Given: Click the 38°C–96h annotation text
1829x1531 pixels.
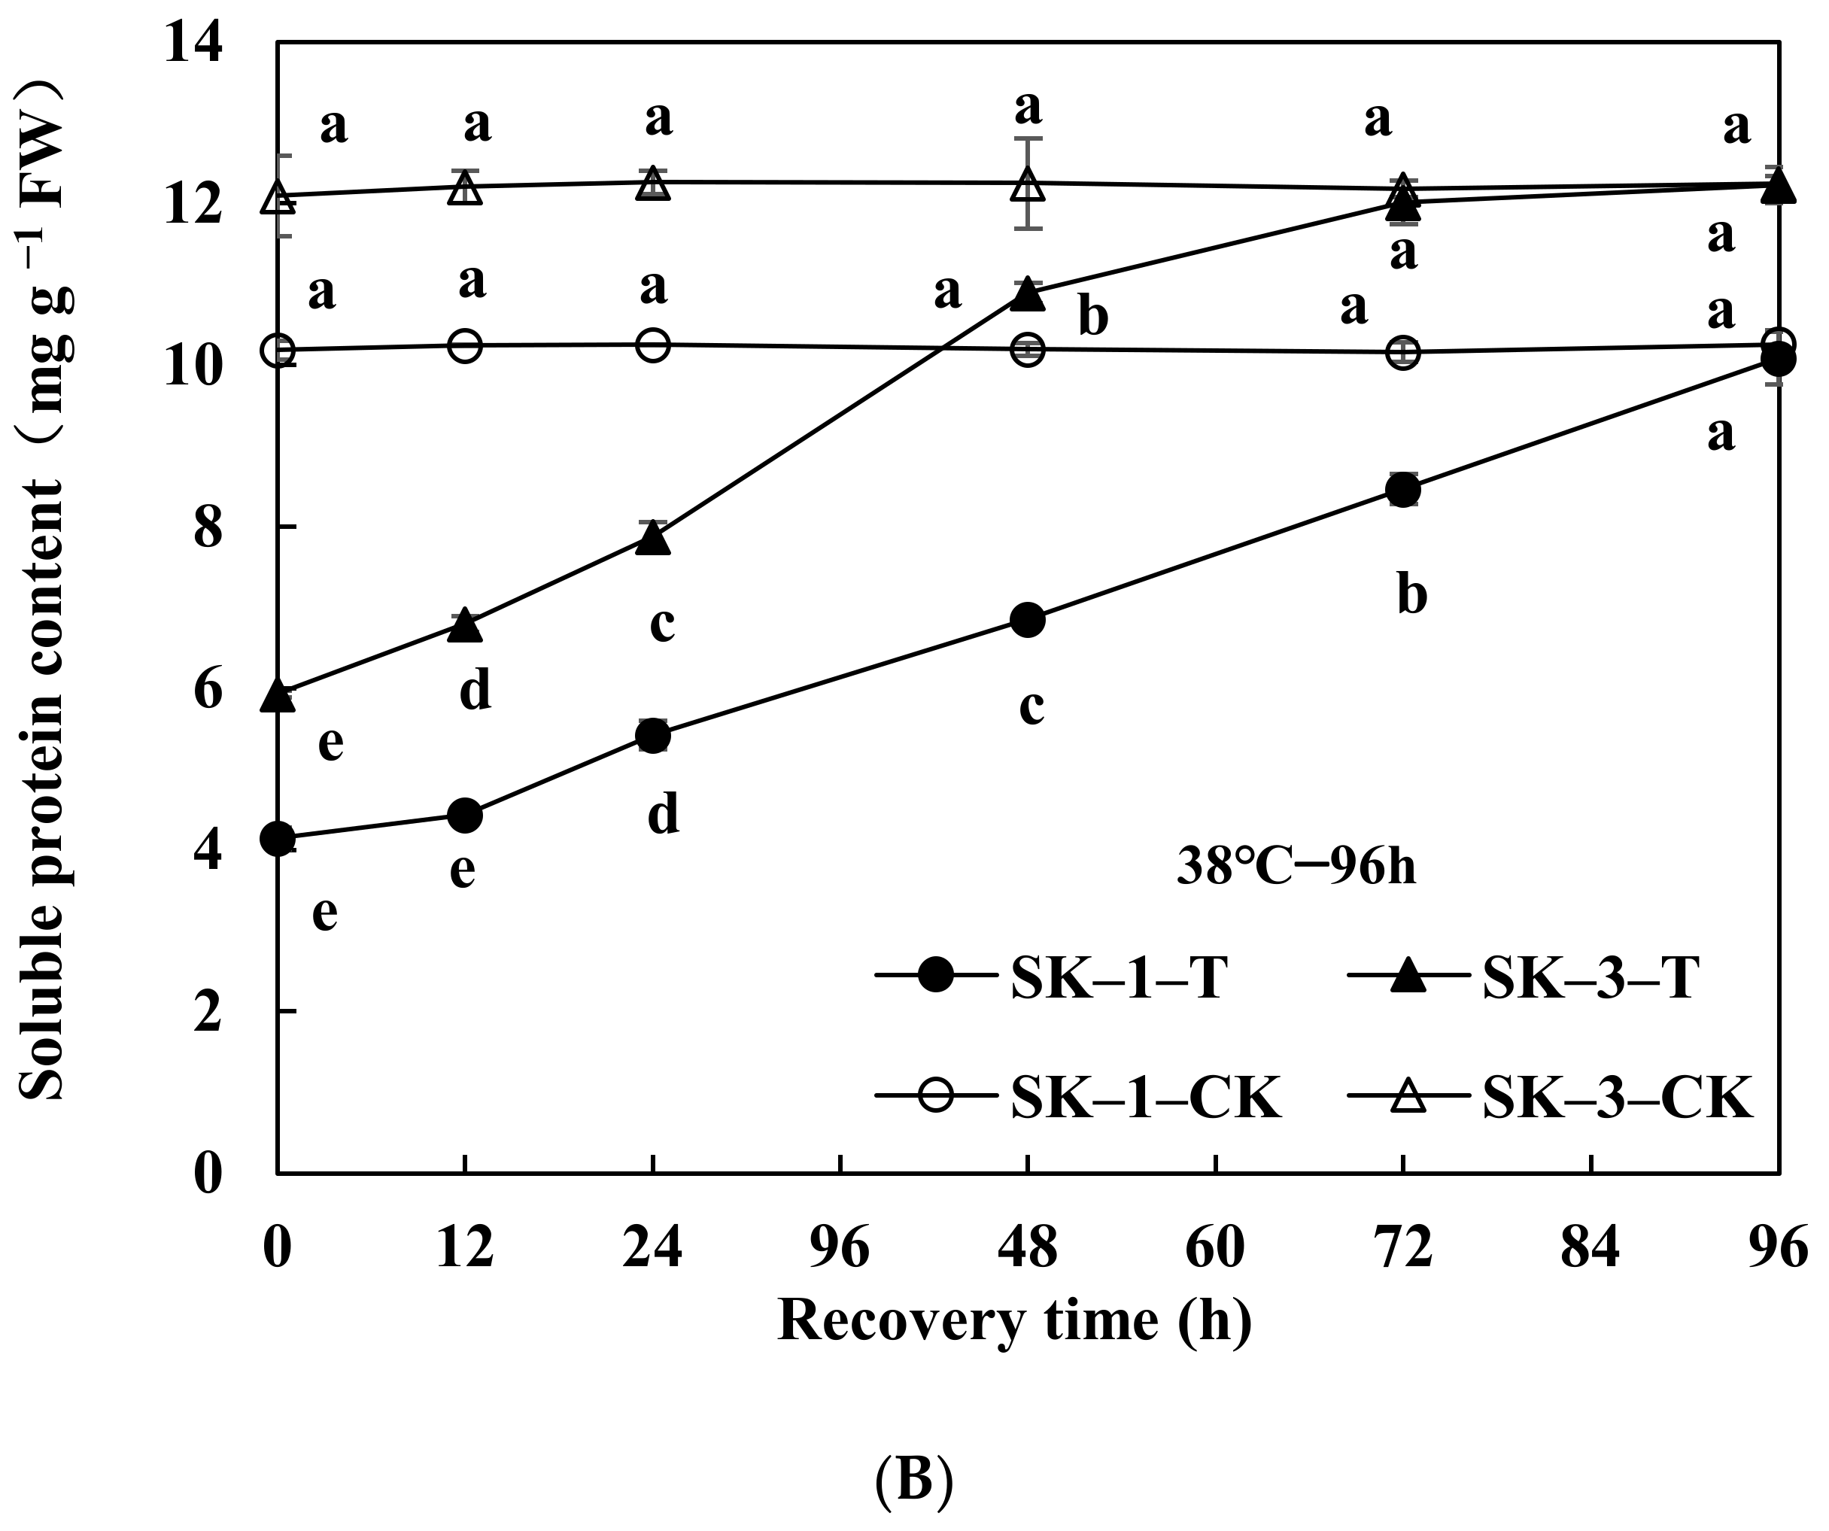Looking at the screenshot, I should coord(1296,867).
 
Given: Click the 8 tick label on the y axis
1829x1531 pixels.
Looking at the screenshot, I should coord(208,527).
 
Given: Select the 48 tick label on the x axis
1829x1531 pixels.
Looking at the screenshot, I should coord(1028,1247).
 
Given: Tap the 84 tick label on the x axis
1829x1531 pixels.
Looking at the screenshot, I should coord(1591,1247).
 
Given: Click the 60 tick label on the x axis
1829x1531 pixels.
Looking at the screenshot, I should coord(1215,1247).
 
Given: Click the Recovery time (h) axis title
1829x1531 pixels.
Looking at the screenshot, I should coord(1015,1320).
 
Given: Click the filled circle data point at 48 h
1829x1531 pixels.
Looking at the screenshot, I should coord(1028,620).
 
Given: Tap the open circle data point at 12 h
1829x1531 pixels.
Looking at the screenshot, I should coord(465,347).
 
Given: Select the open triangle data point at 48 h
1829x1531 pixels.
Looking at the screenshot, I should coord(1028,184).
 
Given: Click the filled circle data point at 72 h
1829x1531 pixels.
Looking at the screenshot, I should coord(1403,491).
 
